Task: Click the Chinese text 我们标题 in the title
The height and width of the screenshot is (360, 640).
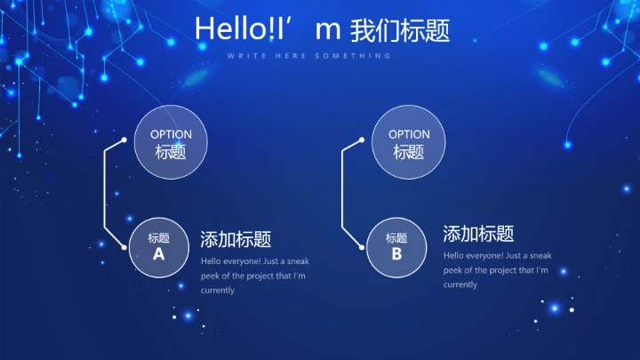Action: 400,30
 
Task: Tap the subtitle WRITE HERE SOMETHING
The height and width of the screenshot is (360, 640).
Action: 308,56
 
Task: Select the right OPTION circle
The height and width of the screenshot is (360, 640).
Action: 409,143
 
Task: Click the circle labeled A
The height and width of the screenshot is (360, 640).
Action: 159,246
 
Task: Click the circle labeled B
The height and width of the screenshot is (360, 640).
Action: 396,246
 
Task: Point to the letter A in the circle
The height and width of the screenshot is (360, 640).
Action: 159,254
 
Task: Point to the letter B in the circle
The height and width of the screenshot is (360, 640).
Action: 396,254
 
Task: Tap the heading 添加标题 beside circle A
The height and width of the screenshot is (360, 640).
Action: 236,239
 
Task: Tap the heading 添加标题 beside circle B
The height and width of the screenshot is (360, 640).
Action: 478,234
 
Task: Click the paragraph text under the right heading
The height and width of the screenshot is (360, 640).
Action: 496,269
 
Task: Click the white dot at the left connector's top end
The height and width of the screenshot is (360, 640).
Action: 124,140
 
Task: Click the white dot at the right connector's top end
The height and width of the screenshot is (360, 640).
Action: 361,140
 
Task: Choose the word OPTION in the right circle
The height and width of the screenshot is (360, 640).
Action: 409,135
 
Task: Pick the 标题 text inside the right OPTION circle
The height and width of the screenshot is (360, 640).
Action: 409,152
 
